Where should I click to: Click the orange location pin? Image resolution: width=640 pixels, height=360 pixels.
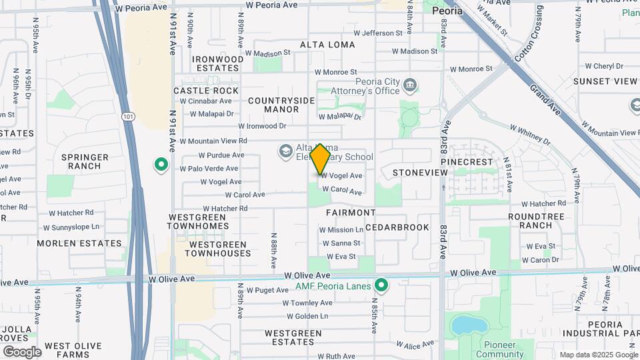320,158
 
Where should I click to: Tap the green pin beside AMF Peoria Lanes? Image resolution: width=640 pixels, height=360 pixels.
381,286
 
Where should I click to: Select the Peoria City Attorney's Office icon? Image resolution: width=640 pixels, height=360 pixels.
411,85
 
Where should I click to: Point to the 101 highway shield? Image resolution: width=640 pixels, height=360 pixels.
128,116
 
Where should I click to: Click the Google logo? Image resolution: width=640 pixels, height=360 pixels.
22,352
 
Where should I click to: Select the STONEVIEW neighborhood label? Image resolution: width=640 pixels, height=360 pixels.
420,173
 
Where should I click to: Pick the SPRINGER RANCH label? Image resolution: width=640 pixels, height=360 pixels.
85,161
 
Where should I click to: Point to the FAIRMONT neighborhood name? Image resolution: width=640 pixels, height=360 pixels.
351,213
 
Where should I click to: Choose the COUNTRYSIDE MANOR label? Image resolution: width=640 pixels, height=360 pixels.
281,105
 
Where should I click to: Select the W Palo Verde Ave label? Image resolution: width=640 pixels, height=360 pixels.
209,168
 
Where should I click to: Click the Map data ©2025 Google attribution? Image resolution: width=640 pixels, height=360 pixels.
598,355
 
